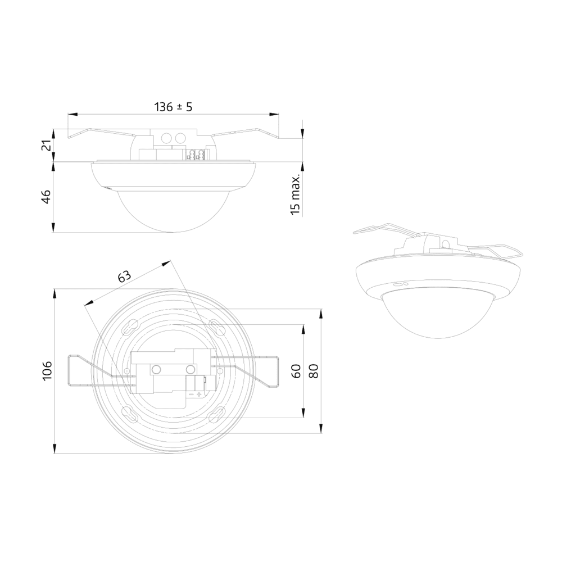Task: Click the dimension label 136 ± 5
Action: [x=173, y=106]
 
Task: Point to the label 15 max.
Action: [x=295, y=195]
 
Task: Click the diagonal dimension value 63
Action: [x=124, y=277]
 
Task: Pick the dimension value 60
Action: [x=296, y=371]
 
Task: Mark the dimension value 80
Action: [x=314, y=371]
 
